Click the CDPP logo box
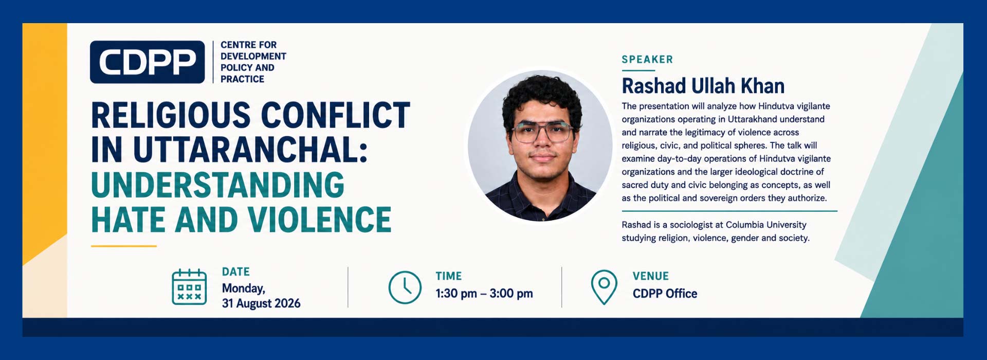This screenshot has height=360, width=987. point(148,62)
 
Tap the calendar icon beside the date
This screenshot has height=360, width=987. point(189,287)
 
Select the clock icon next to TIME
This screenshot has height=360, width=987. point(405,287)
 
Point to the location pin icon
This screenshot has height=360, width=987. point(604,287)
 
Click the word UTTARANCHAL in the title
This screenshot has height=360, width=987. point(250,150)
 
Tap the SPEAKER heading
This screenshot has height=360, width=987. point(647,59)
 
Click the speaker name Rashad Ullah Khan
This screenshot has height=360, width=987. point(703,86)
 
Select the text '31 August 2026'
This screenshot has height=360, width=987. point(261,303)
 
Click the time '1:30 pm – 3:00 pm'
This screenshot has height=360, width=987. point(484,294)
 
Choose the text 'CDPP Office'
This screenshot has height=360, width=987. point(665,294)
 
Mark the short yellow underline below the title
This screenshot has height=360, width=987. point(124,246)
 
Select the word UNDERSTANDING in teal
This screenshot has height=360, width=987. point(218,185)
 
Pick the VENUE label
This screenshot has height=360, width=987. point(651,276)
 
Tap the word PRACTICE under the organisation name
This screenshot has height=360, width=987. point(242,79)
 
